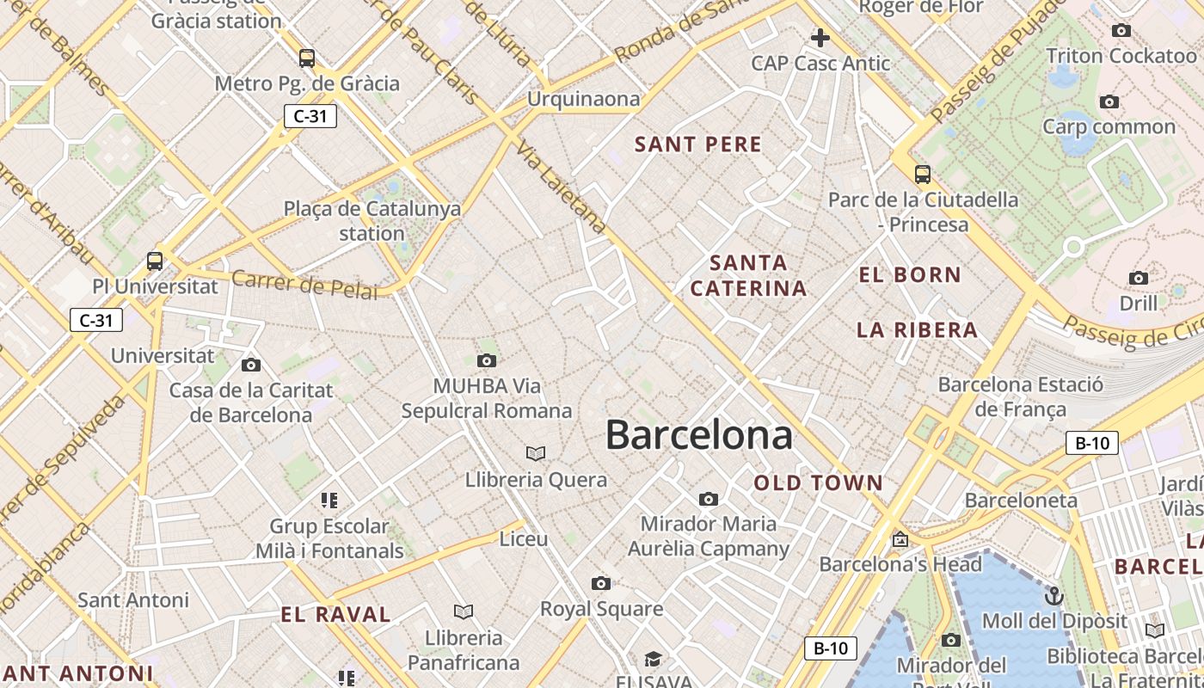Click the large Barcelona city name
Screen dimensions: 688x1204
point(698,435)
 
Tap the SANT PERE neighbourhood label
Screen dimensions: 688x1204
point(698,144)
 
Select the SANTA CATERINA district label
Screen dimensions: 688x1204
point(748,275)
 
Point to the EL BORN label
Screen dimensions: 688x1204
point(910,275)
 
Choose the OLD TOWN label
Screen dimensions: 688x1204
point(819,483)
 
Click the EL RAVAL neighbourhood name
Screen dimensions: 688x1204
point(336,614)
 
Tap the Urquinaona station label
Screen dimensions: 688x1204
point(584,99)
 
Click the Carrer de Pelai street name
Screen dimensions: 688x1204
point(304,285)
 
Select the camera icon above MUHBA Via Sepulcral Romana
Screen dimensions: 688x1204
point(487,360)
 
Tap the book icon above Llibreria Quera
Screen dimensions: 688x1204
point(536,453)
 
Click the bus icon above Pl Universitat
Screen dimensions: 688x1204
point(155,261)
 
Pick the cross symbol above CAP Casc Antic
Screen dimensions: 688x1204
point(820,38)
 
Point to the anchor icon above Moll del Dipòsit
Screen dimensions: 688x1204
point(1053,595)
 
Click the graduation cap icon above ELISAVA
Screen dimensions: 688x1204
point(654,659)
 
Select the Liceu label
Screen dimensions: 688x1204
point(524,539)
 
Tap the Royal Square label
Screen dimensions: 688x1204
point(601,609)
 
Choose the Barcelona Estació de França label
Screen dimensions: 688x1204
point(1020,396)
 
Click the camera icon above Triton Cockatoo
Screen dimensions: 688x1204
point(1121,31)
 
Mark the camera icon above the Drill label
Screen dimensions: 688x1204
point(1139,278)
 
